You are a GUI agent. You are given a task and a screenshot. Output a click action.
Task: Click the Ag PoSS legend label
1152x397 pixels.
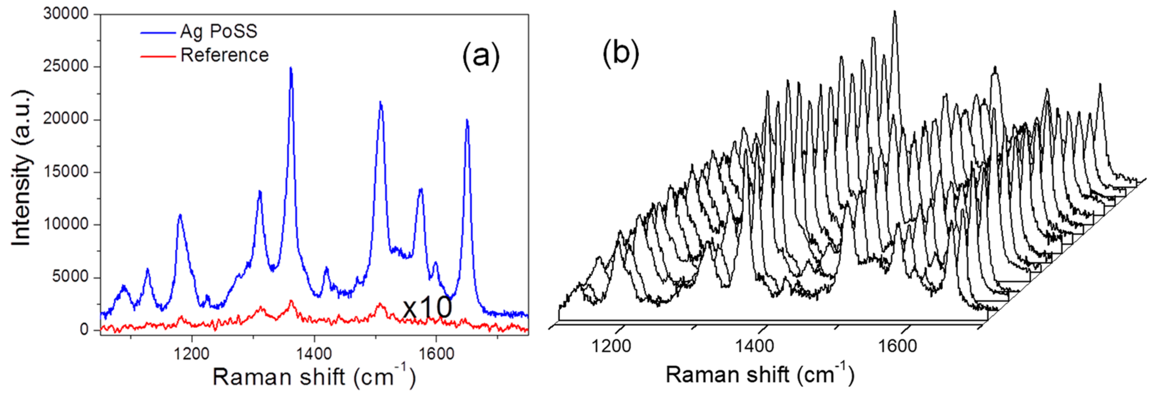tap(219, 31)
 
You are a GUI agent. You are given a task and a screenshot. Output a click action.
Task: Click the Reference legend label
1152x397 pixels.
tap(224, 55)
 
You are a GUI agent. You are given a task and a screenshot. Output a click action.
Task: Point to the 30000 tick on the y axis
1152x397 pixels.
tap(66, 14)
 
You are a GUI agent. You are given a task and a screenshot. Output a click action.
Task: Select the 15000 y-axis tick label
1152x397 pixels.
tap(66, 172)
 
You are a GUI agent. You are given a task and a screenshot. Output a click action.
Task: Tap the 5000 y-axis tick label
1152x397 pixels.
tap(70, 277)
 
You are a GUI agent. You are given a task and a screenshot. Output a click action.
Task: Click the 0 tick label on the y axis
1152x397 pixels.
tap(84, 330)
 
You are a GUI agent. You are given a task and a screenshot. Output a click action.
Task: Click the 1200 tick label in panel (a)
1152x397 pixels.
tap(192, 353)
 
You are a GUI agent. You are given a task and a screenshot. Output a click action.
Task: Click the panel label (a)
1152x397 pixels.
tap(481, 56)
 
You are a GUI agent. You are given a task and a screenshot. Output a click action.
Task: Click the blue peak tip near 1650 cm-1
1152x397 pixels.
tap(467, 120)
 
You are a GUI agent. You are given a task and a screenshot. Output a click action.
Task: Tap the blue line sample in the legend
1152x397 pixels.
tap(157, 33)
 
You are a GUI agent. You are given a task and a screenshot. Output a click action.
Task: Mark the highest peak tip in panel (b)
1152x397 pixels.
tap(895, 12)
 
